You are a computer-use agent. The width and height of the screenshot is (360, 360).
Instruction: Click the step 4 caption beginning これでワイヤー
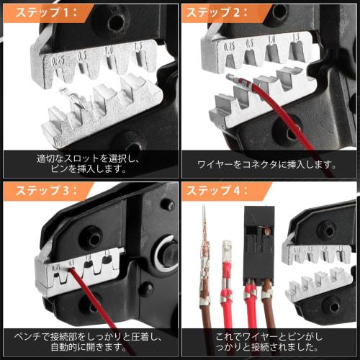[268, 341]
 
